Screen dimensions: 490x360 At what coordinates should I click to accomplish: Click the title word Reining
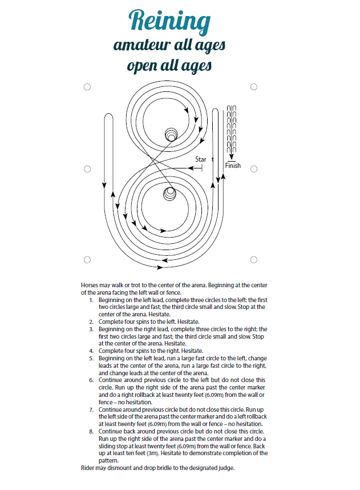pyautogui.click(x=169, y=21)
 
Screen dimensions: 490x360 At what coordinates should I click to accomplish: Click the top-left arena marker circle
pyautogui.click(x=87, y=87)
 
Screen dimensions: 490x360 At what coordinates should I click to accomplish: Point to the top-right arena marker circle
pyautogui.click(x=254, y=87)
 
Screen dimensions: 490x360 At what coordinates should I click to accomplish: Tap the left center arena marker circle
pyautogui.click(x=87, y=169)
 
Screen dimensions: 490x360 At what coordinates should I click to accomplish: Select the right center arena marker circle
pyautogui.click(x=254, y=169)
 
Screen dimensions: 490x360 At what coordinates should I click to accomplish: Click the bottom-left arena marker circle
pyautogui.click(x=87, y=260)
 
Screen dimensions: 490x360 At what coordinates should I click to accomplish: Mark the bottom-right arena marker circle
pyautogui.click(x=254, y=260)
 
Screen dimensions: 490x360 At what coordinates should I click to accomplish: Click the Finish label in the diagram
pyautogui.click(x=233, y=166)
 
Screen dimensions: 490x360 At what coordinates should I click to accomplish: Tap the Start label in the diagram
pyautogui.click(x=202, y=159)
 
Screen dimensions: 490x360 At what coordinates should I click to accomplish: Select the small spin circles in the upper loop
pyautogui.click(x=171, y=134)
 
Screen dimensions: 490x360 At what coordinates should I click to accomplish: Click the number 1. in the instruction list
pyautogui.click(x=93, y=300)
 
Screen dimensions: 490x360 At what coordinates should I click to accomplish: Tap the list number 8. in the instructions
pyautogui.click(x=93, y=433)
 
